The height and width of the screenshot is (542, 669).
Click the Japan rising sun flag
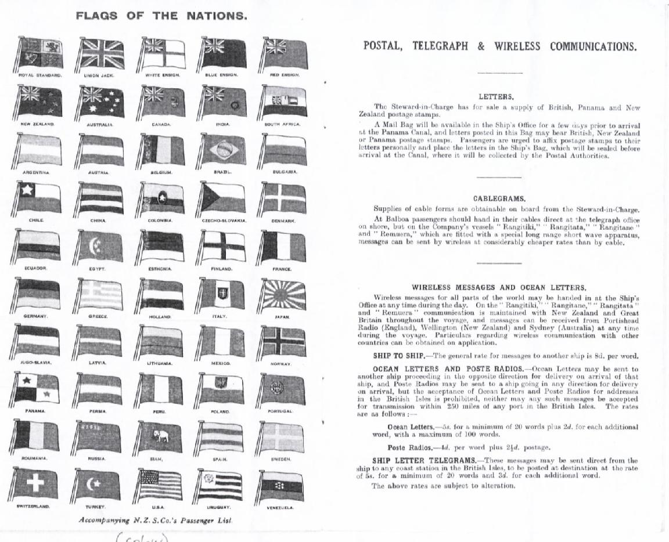click(x=283, y=295)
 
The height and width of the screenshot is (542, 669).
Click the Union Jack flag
click(x=101, y=54)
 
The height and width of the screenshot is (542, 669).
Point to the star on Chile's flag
click(x=26, y=189)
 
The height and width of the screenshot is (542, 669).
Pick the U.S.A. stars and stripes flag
click(x=160, y=485)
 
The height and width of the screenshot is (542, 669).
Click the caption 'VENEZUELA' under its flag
click(x=280, y=508)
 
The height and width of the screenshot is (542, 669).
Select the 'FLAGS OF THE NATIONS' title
click(x=161, y=16)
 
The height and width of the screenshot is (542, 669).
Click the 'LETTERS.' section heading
click(x=496, y=97)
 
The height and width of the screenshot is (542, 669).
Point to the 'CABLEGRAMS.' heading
click(x=499, y=198)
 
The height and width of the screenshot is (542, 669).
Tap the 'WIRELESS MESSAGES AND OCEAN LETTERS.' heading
click(x=499, y=287)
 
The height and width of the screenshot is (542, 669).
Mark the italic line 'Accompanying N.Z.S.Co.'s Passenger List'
click(x=156, y=520)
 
